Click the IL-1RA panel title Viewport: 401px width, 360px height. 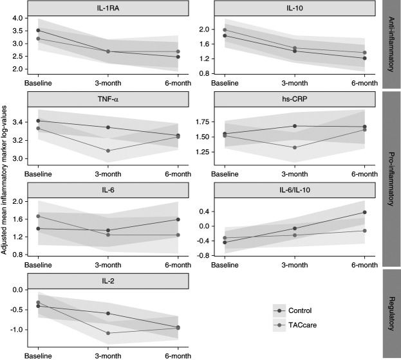[x=108, y=8]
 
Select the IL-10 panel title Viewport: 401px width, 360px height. [x=295, y=8]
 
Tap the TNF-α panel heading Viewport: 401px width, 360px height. [x=108, y=99]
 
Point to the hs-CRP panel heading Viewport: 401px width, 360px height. [x=295, y=99]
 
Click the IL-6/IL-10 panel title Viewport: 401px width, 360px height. [x=295, y=190]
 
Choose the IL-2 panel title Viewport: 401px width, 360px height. [x=108, y=281]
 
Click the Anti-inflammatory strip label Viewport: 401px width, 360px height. [x=391, y=44]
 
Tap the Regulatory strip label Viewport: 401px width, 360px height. [x=391, y=314]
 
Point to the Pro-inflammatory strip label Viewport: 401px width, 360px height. [x=391, y=179]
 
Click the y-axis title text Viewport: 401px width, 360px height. [x=4, y=180]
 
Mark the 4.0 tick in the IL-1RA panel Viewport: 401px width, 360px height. [x=18, y=18]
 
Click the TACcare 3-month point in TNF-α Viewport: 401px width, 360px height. [x=108, y=150]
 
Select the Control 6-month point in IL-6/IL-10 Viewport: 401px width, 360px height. [x=365, y=212]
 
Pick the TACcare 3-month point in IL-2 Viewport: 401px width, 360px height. [x=108, y=333]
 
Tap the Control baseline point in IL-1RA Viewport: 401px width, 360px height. [x=39, y=30]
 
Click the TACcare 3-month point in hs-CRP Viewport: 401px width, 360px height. [x=295, y=147]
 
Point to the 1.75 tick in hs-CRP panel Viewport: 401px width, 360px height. [x=202, y=122]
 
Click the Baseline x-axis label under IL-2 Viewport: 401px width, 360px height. [x=38, y=356]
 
